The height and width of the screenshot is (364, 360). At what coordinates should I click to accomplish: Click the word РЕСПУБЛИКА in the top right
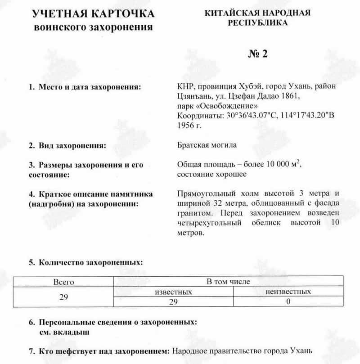(x=258, y=22)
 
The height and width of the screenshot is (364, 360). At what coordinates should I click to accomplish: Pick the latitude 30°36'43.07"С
(x=252, y=116)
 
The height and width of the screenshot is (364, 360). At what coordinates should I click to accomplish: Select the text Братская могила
(x=207, y=145)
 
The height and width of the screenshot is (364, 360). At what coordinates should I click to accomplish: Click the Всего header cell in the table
(x=63, y=282)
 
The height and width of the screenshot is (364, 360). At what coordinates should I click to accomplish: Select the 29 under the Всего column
(x=63, y=297)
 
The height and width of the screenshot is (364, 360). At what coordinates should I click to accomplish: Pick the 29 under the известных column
(x=173, y=302)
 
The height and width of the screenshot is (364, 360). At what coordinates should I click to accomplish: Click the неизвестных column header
(x=288, y=292)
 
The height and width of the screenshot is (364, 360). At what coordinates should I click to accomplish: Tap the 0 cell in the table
(x=288, y=302)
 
